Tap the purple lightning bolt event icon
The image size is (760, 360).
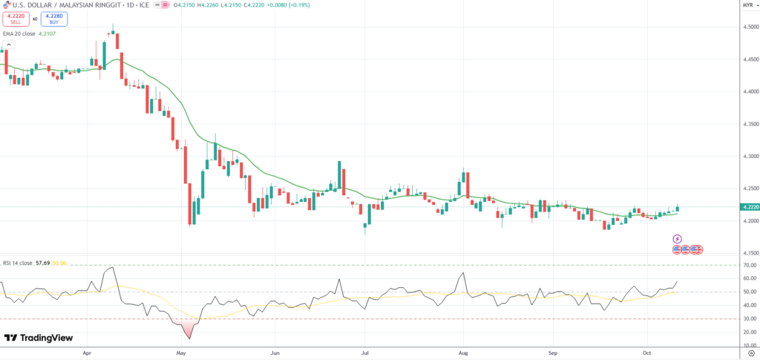tap(677, 239)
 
